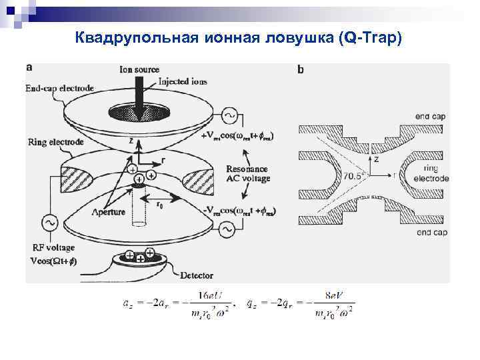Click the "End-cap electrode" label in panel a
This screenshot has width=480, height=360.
click(x=59, y=88)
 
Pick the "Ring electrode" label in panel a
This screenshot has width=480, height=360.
click(x=56, y=142)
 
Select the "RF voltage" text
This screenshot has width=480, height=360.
click(x=54, y=249)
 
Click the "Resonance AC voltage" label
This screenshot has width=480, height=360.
click(x=247, y=174)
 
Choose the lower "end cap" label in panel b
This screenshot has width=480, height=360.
click(x=431, y=233)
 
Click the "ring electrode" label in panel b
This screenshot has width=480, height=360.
click(x=431, y=174)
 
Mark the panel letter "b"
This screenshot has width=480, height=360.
click(x=301, y=69)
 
